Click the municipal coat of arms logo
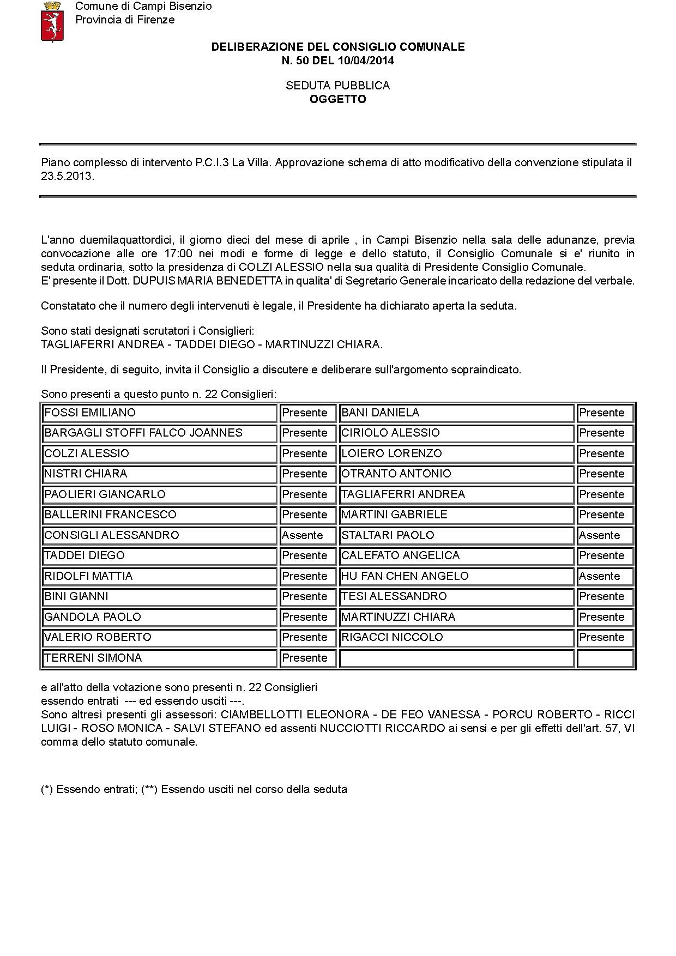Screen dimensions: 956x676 coord(53,22)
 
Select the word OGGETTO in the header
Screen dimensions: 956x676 coord(338,99)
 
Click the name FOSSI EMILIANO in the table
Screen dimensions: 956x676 coord(90,413)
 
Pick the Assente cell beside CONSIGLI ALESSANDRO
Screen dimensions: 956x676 coord(303,535)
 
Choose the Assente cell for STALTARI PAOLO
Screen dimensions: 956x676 coord(600,535)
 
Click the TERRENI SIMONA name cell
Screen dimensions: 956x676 coord(93,658)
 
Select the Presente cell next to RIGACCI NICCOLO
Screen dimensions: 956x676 coord(602,637)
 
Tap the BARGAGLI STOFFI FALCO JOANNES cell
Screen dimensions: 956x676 coord(143,433)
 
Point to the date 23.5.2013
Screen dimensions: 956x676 coord(68,176)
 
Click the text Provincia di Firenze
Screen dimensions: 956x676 coord(125,20)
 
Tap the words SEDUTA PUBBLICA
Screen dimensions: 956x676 coord(338,86)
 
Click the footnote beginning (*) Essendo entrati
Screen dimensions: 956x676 coord(194,789)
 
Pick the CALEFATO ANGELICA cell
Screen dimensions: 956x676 coord(401,555)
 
